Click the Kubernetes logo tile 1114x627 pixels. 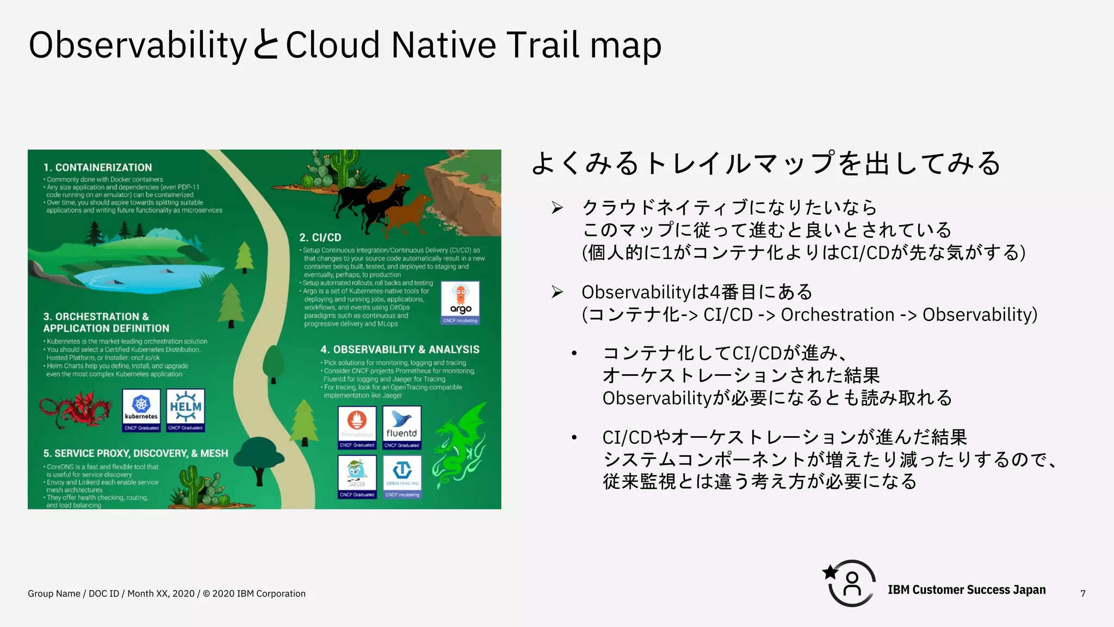pos(141,409)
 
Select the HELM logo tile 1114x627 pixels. pos(185,409)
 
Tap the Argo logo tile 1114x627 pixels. pos(460,302)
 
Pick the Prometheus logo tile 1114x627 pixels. pos(357,427)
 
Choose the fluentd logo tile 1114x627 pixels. pos(401,427)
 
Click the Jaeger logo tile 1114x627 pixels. pos(357,476)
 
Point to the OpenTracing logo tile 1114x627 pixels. pos(402,476)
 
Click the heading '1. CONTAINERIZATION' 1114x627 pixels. pos(98,167)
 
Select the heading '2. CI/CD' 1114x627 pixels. pos(320,238)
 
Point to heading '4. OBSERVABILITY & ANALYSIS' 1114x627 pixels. pos(400,350)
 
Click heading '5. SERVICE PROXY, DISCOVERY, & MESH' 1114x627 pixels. pos(135,454)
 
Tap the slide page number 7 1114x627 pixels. pos(1083,593)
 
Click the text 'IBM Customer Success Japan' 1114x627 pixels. pos(967,590)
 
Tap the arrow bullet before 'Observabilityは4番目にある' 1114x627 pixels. pos(557,292)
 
